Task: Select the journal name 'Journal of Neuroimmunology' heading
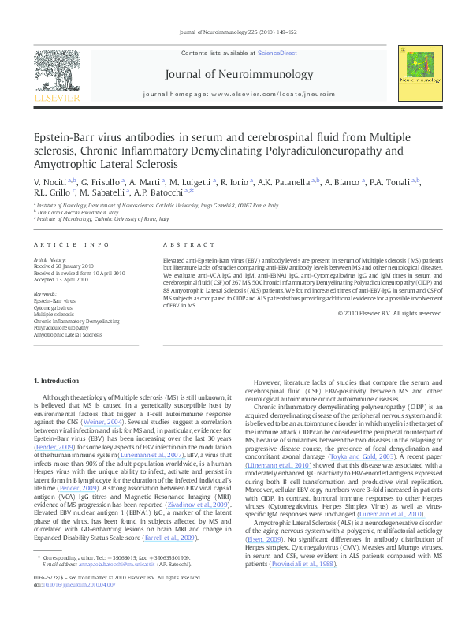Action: pos(234,75)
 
